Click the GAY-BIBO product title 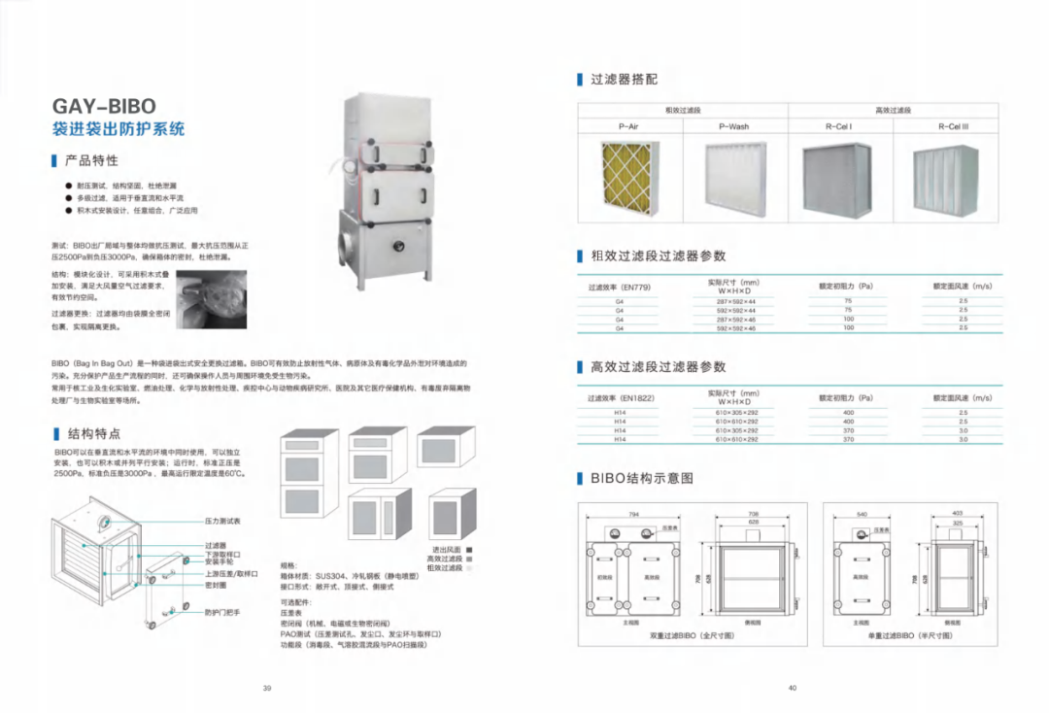click(103, 106)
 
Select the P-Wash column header click(733, 126)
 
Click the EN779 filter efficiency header click(619, 289)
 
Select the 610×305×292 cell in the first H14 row click(736, 413)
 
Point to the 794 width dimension click(633, 513)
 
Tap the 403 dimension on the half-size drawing click(957, 513)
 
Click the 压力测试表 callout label click(221, 522)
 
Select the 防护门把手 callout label click(221, 612)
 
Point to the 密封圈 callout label click(216, 586)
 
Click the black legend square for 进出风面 click(469, 550)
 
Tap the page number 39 click(267, 689)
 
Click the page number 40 click(793, 689)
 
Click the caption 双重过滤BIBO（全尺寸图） click(692, 635)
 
